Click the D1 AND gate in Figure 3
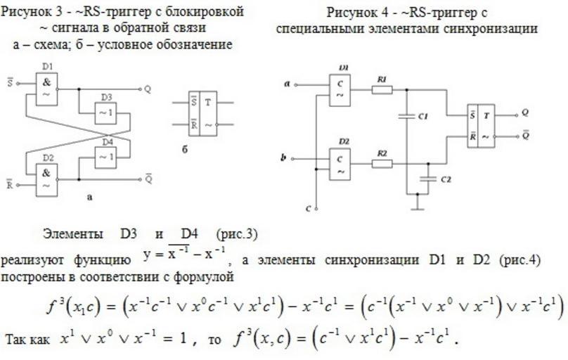point(47,89)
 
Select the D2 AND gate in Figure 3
point(47,178)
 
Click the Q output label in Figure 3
point(148,89)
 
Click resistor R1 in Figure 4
point(382,91)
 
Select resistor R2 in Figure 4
point(382,164)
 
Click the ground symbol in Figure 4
point(418,205)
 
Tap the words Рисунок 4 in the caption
point(356,13)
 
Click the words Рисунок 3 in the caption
point(32,13)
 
